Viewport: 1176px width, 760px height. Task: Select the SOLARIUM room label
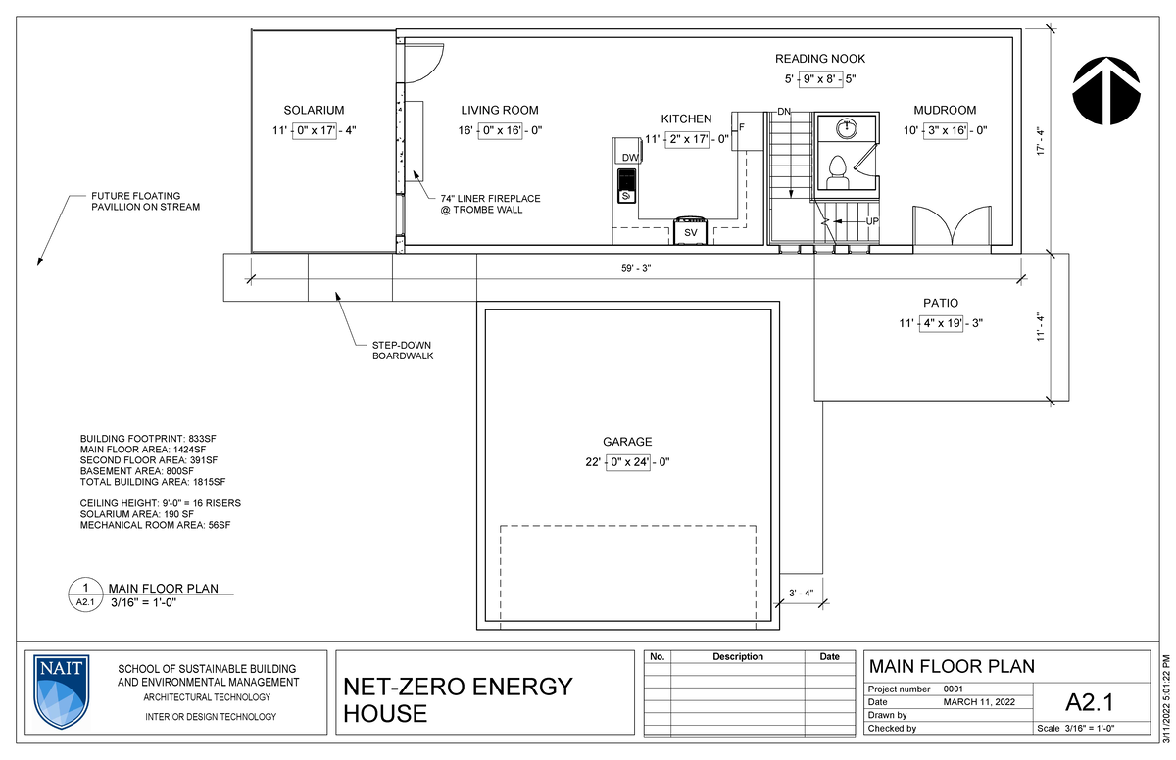point(314,111)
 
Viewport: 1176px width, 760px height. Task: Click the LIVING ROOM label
point(500,111)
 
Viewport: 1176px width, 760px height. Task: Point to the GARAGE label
point(627,442)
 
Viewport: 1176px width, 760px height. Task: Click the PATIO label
point(940,303)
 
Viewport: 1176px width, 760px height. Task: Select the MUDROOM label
point(945,111)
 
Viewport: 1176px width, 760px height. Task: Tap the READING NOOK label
point(820,59)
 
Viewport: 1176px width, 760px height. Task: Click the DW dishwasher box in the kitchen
point(630,158)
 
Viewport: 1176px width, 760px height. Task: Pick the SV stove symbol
point(690,232)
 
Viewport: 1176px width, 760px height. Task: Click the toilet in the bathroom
point(837,172)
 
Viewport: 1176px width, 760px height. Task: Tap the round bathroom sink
point(845,128)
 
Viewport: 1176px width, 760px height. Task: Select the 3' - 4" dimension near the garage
point(803,592)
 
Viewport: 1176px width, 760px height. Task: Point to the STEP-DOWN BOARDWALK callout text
point(402,351)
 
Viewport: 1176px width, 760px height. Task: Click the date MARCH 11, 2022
point(979,702)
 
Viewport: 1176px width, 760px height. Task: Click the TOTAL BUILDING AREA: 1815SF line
point(153,482)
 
